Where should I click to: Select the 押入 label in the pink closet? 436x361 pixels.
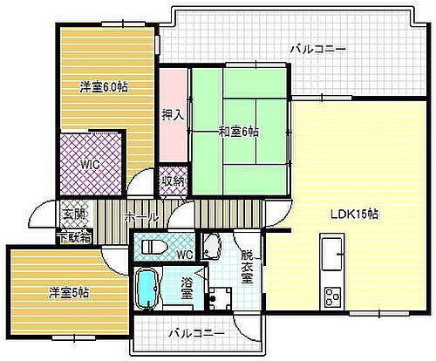coord(172,114)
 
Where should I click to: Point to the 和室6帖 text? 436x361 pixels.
coord(238,132)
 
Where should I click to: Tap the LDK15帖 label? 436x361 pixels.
coord(353,214)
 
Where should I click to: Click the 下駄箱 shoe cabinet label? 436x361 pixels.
coord(73,236)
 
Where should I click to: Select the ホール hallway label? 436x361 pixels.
coord(141,216)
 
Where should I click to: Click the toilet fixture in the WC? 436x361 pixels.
coord(155,246)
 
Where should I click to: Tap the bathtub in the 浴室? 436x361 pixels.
coord(149,289)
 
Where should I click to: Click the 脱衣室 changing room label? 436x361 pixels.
coord(247,268)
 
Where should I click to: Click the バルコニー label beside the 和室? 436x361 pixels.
coord(317,50)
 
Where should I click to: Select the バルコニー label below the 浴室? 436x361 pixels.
coord(196,333)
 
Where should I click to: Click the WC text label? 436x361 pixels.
coord(184,255)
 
